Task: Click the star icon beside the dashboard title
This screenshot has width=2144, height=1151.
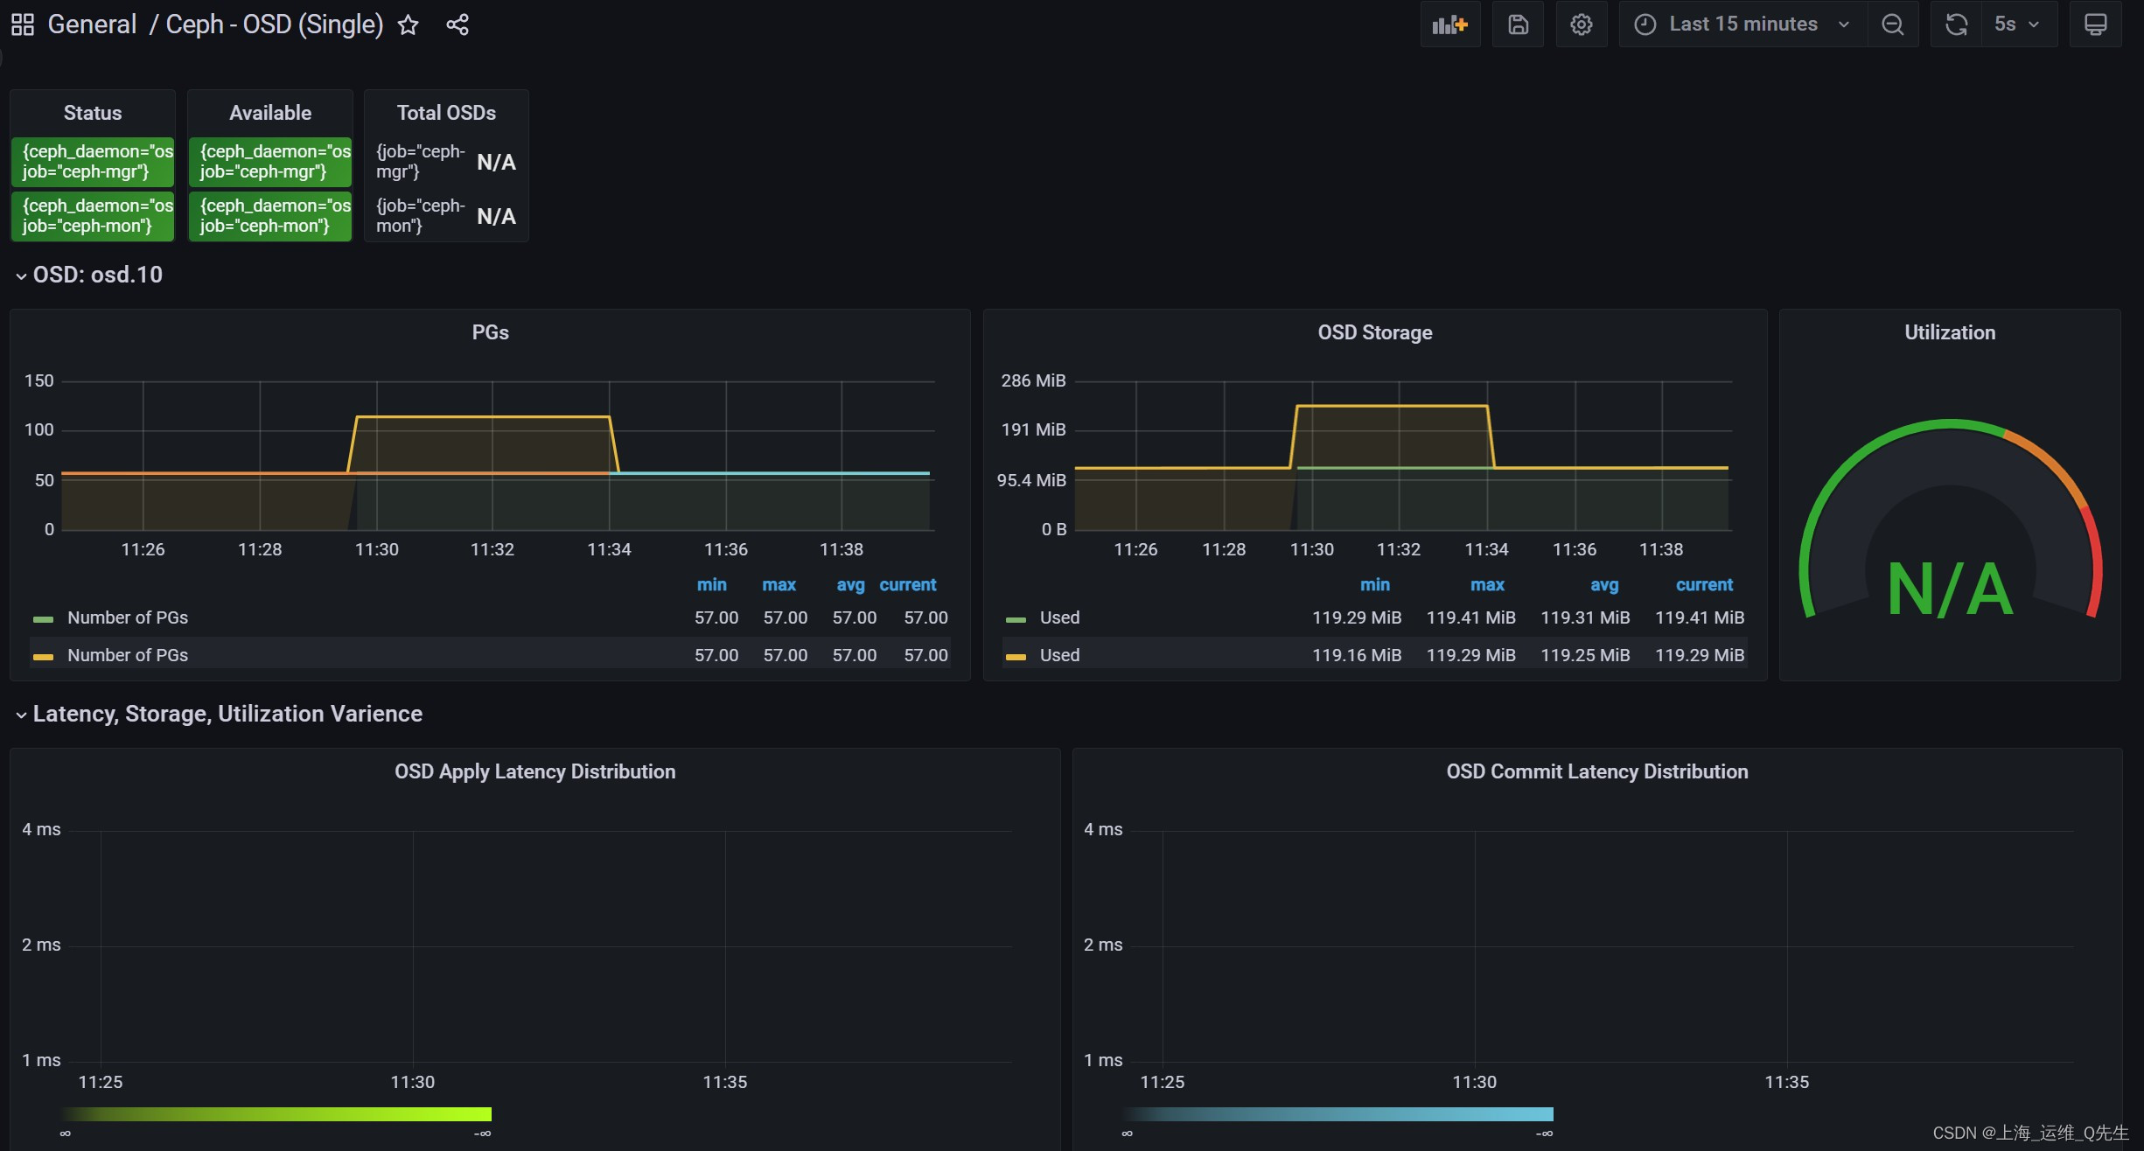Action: click(x=408, y=25)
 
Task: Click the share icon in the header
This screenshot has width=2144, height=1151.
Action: click(x=457, y=24)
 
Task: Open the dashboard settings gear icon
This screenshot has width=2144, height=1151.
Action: click(x=1581, y=24)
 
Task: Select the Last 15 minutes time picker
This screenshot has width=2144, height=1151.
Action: click(x=1742, y=24)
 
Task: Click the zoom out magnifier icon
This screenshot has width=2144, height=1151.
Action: click(x=1892, y=24)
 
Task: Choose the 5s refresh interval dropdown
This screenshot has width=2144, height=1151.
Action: click(x=2015, y=24)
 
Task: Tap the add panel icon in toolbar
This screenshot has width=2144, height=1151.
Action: click(x=1449, y=24)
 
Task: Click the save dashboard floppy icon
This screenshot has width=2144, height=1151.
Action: click(x=1518, y=24)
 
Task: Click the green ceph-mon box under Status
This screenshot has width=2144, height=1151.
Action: click(x=93, y=216)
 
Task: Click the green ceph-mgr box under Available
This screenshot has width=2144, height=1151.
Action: click(x=270, y=162)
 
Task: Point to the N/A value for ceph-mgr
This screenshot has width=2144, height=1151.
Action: click(x=496, y=163)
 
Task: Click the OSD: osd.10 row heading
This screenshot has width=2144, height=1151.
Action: click(x=97, y=275)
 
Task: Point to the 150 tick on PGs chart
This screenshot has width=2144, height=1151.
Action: click(x=38, y=380)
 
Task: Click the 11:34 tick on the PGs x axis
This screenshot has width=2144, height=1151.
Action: click(x=609, y=549)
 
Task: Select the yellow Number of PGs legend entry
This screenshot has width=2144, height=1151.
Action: click(x=128, y=655)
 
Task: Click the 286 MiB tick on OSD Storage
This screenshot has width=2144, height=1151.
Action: click(x=1033, y=380)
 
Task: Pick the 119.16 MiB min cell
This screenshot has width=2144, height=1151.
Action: click(x=1356, y=655)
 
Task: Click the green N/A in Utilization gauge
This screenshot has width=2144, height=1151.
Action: click(x=1950, y=589)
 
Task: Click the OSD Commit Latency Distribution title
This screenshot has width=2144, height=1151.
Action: click(x=1596, y=771)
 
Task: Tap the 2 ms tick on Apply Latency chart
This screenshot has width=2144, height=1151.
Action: click(x=41, y=945)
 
